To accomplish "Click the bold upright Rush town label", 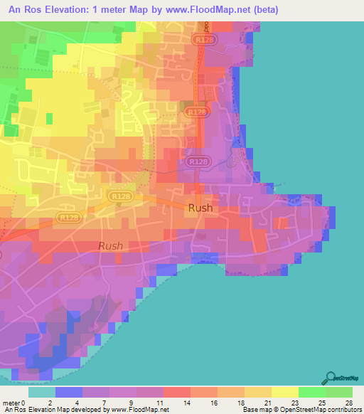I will (200, 208).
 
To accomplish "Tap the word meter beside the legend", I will (11, 403).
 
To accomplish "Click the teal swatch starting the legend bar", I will (42, 392).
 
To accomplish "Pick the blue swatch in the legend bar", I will (69, 392).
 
